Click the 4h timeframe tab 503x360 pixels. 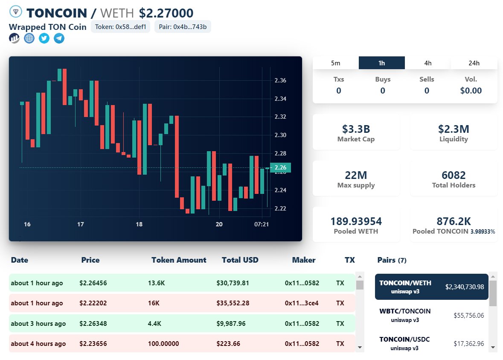tap(428, 63)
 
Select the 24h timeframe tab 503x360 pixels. tap(474, 63)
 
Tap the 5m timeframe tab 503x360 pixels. tap(336, 63)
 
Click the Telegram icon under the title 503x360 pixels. tap(59, 38)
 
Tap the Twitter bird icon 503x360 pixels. tap(44, 38)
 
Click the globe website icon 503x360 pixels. tap(29, 38)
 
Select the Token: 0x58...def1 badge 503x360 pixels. tap(120, 27)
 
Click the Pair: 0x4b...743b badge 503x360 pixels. tap(183, 27)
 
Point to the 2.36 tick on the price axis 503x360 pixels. tap(280, 80)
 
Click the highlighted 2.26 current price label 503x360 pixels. tap(280, 167)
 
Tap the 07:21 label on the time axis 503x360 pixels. tap(262, 224)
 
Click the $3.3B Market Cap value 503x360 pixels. tap(356, 129)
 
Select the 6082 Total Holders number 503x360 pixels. tap(454, 175)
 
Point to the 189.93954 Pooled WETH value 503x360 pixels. tap(356, 221)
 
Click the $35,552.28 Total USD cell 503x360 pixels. tap(233, 303)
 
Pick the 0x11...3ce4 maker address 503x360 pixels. tap(302, 303)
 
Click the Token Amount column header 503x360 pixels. tap(179, 260)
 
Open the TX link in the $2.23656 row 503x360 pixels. tap(340, 344)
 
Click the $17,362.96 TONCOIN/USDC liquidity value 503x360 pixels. tap(468, 343)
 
